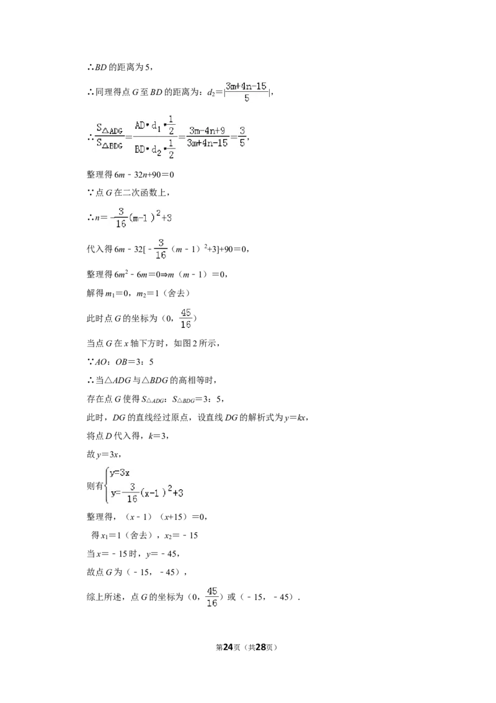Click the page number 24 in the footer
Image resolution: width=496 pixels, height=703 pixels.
[228, 647]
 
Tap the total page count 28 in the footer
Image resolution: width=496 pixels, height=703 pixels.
[260, 647]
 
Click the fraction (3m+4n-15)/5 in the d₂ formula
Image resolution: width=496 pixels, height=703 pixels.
[246, 92]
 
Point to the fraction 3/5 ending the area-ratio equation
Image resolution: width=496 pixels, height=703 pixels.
[242, 137]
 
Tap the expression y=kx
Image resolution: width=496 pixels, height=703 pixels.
[295, 417]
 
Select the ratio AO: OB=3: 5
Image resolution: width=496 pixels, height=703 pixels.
[125, 362]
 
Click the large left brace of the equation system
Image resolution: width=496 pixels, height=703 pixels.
[107, 484]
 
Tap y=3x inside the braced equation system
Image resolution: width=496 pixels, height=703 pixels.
[120, 473]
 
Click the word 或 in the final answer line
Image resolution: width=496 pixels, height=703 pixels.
[231, 597]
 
